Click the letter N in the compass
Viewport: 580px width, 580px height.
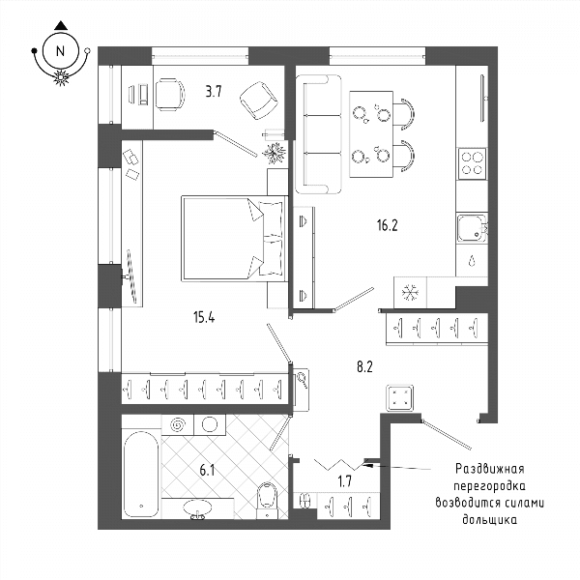60,51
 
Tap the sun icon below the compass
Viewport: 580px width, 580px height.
61,77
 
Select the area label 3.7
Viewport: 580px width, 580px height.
214,91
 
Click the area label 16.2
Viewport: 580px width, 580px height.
388,225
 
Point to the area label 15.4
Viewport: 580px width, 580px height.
204,317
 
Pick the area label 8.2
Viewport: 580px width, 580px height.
364,367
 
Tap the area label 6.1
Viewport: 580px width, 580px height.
207,471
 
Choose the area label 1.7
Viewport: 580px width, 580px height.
344,481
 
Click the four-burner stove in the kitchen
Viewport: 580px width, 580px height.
472,163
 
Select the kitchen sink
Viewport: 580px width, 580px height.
473,228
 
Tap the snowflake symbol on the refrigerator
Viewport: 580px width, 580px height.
410,292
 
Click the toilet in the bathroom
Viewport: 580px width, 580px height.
267,500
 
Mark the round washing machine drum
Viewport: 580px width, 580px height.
210,424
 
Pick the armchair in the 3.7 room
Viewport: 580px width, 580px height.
258,101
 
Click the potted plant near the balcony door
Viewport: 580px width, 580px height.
275,153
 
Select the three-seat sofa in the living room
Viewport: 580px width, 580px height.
318,134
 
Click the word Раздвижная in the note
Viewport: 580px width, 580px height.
489,469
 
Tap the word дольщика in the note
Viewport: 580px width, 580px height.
489,519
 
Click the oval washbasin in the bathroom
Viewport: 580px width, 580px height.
198,507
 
